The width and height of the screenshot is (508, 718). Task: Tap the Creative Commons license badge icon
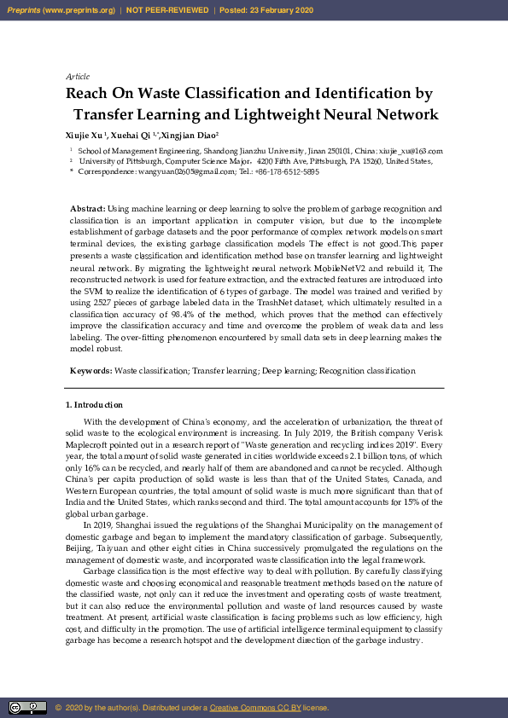pos(27,708)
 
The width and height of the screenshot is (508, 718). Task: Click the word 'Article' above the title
pos(78,77)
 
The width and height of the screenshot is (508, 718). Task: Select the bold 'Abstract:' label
pos(88,209)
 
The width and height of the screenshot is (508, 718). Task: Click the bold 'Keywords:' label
pos(91,371)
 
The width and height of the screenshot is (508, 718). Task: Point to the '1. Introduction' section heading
pos(94,405)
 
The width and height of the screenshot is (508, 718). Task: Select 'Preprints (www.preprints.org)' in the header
pos(61,10)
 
